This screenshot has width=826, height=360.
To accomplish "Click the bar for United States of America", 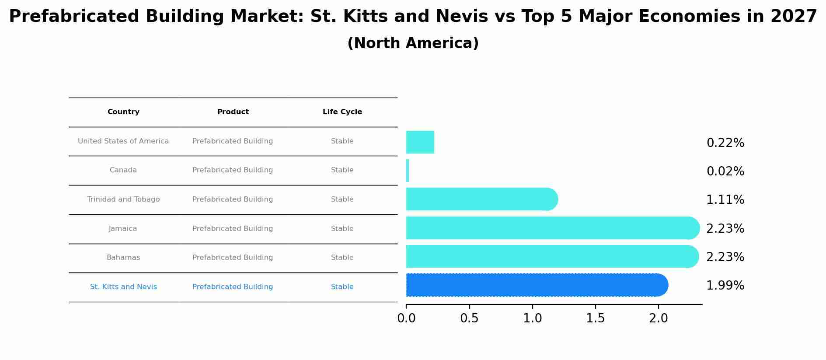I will pyautogui.click(x=420, y=142).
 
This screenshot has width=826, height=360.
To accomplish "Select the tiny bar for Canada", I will pyautogui.click(x=408, y=171).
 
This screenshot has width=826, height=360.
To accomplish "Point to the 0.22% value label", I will pyautogui.click(x=725, y=143).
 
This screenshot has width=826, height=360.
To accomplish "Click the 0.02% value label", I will pyautogui.click(x=725, y=171).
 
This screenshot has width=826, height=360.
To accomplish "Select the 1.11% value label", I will pyautogui.click(x=725, y=200).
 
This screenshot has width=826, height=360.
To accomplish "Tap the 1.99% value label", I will pyautogui.click(x=725, y=286).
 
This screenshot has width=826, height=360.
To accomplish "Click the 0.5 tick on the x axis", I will pyautogui.click(x=469, y=318).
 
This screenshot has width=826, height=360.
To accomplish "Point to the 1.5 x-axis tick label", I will pyautogui.click(x=596, y=318).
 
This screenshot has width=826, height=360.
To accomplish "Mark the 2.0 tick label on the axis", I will pyautogui.click(x=659, y=318).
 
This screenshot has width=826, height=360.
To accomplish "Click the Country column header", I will pyautogui.click(x=123, y=112).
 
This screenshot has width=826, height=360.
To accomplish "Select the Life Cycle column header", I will pyautogui.click(x=342, y=112).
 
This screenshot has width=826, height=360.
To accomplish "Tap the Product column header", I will pyautogui.click(x=233, y=112).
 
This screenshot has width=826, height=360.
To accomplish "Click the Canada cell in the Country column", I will pyautogui.click(x=123, y=170).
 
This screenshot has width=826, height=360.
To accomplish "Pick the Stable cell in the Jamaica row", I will pyautogui.click(x=342, y=229).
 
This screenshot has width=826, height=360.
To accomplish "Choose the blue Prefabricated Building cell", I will pyautogui.click(x=233, y=287).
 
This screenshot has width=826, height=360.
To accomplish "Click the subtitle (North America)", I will pyautogui.click(x=413, y=43).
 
